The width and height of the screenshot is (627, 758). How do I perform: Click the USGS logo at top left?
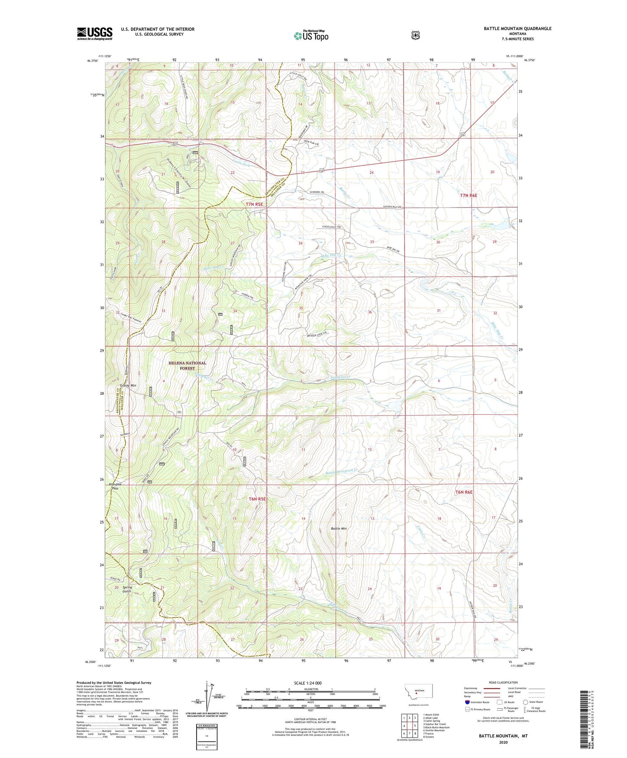tap(95, 33)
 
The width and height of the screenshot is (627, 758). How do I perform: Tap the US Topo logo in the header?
tap(310, 36)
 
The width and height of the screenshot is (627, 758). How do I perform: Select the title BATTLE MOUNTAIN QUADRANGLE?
tap(518, 29)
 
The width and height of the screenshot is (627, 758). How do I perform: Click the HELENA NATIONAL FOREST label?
tap(187, 366)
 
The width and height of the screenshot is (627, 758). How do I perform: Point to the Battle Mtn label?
tap(339, 528)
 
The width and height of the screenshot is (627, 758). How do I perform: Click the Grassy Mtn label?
tap(128, 385)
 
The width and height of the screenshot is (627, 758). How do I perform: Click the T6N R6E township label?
tap(463, 492)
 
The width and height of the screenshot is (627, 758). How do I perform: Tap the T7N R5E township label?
tap(254, 204)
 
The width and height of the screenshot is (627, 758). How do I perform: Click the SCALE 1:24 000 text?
tap(308, 683)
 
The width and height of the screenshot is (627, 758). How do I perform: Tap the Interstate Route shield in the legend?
tap(467, 702)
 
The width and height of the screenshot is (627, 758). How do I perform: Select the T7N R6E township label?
tap(469, 196)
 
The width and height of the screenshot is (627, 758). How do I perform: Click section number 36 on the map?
tap(370, 312)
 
